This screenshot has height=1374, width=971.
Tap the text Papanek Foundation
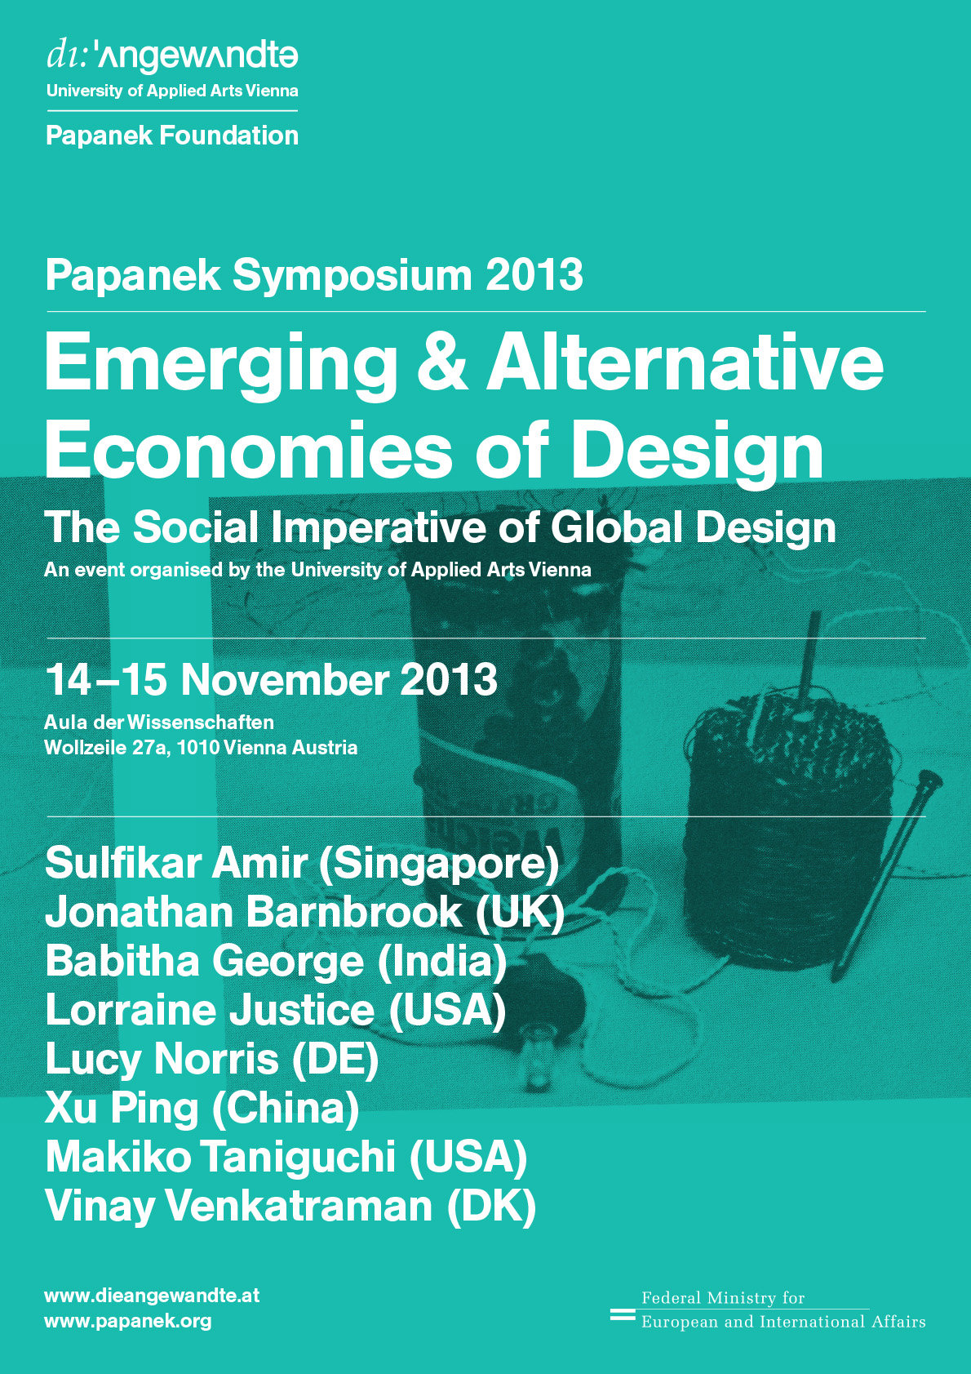pyautogui.click(x=172, y=136)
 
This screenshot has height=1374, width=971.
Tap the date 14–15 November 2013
pyautogui.click(x=271, y=679)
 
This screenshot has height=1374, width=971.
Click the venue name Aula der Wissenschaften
pyautogui.click(x=159, y=722)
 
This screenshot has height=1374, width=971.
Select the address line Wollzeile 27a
pyautogui.click(x=107, y=748)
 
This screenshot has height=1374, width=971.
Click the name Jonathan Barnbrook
pyautogui.click(x=253, y=911)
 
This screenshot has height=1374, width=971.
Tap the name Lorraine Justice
pyautogui.click(x=210, y=1010)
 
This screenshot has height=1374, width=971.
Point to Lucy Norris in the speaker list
pyautogui.click(x=162, y=1059)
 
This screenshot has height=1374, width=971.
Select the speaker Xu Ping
pyautogui.click(x=122, y=1108)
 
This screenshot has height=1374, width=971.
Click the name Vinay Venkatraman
pyautogui.click(x=239, y=1206)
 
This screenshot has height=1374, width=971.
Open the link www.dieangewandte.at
pyautogui.click(x=152, y=1296)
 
